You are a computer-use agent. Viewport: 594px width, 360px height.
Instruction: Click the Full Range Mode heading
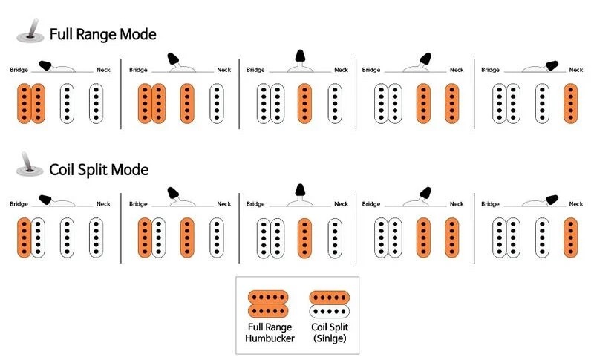coord(103,34)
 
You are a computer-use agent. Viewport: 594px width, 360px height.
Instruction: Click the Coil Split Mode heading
coord(99,169)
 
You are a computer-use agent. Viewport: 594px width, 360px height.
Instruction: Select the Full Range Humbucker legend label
coord(270,333)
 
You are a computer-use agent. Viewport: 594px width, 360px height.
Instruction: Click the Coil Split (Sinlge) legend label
coord(330,333)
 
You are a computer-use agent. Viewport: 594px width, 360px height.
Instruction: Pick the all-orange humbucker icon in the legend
coord(268,304)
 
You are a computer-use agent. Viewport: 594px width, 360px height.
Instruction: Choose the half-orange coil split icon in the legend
coord(329,304)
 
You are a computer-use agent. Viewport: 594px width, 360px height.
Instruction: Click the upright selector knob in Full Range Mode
coord(300,56)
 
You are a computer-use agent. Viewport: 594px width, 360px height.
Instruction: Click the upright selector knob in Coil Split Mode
coord(300,190)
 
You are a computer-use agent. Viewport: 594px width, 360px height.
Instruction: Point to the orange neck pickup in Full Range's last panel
coord(571,104)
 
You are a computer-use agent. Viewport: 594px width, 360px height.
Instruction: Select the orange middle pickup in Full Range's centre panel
coord(304,104)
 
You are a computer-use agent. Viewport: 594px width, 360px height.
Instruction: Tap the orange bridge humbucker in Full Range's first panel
coord(31,104)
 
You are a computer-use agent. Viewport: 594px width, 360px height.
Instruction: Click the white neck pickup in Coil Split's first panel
coord(97,238)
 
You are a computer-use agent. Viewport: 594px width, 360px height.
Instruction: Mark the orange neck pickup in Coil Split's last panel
coord(571,238)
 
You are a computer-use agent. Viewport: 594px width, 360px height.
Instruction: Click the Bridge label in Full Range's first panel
coord(19,70)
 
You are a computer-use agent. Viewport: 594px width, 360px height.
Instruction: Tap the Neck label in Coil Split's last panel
coord(576,203)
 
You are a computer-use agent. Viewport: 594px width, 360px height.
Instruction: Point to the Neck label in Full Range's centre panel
coord(341,70)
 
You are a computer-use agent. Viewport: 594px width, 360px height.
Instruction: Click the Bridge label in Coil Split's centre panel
coord(255,203)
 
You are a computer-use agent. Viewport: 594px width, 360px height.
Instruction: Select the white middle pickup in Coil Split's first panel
coord(67,238)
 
